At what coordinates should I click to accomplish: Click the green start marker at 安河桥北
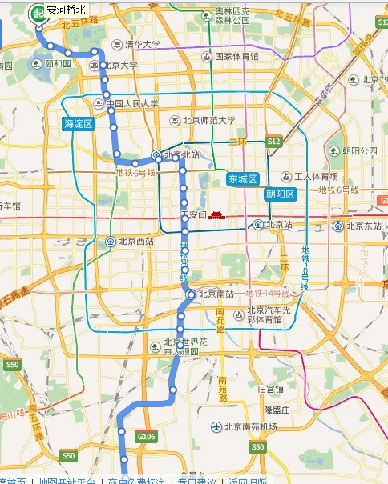pyautogui.click(x=38, y=12)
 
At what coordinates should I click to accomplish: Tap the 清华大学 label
pyautogui.click(x=142, y=44)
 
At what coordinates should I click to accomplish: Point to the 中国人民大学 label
pyautogui.click(x=131, y=103)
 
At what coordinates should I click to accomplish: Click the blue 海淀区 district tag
pyautogui.click(x=79, y=124)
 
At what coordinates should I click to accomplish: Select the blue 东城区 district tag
pyautogui.click(x=241, y=178)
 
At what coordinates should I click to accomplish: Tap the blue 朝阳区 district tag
pyautogui.click(x=281, y=194)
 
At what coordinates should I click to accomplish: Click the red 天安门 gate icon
pyautogui.click(x=219, y=217)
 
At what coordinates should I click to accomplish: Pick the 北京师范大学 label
pyautogui.click(x=208, y=121)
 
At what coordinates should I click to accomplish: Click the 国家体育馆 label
pyautogui.click(x=236, y=57)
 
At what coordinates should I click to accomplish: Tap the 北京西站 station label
pyautogui.click(x=136, y=241)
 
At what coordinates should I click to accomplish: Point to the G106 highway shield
pyautogui.click(x=146, y=437)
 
